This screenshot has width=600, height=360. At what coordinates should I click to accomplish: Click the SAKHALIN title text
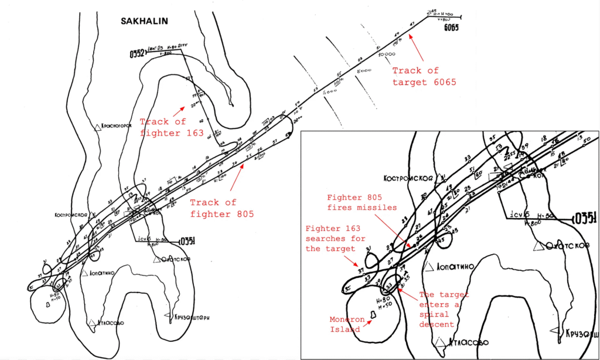tap(144, 21)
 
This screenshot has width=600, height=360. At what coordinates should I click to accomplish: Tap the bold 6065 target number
tap(453, 28)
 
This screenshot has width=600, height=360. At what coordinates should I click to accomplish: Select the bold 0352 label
tap(137, 55)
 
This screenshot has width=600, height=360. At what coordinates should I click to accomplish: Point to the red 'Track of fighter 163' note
tap(172, 127)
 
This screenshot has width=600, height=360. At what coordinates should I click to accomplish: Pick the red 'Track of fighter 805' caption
tap(221, 208)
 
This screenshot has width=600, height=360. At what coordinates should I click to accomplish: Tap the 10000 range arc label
tap(386, 54)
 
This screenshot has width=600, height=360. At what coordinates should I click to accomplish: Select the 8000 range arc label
tap(364, 70)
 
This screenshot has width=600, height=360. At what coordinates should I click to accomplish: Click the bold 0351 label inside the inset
tap(585, 220)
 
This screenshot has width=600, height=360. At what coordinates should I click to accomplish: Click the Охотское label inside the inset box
tap(567, 246)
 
